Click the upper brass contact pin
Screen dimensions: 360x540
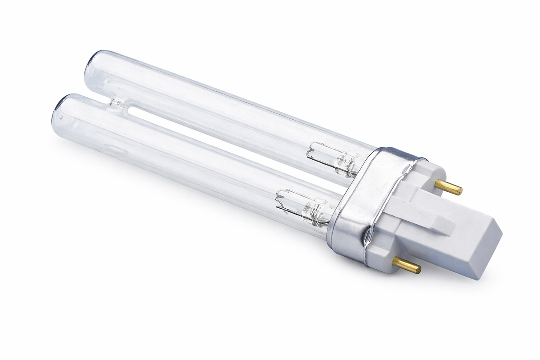coord(448,187)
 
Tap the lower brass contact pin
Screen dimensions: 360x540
coord(407,266)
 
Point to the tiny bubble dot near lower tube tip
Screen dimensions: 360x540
coord(61,118)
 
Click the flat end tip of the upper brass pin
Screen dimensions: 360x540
coord(460,191)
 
